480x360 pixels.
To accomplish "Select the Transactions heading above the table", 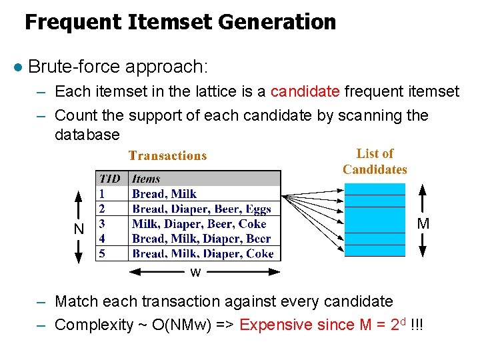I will point(167,156).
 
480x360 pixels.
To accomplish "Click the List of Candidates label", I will point(375,161).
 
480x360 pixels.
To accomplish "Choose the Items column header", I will point(146,179).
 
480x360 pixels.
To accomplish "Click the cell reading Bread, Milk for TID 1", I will point(164,194).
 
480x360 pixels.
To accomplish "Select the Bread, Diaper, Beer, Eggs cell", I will point(201,209).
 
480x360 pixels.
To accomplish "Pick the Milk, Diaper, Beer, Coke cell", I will point(199,224).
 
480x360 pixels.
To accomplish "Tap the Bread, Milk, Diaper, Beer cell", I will point(201,239).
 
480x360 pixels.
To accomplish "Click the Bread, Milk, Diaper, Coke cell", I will point(203,253).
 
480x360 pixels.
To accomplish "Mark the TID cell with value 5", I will point(102,253).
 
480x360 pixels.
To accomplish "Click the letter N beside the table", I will point(79,228).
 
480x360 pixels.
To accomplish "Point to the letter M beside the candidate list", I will point(423,223).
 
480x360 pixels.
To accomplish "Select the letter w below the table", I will point(195,273).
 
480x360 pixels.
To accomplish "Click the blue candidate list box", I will point(375,220).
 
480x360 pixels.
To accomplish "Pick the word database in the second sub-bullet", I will point(87,135).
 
